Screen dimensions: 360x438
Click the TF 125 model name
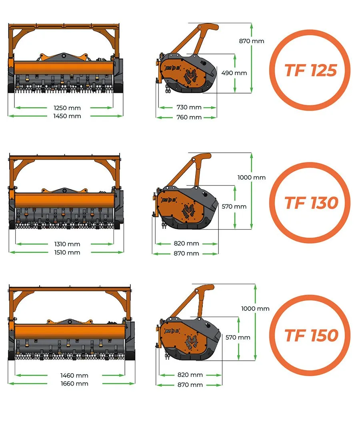pos(310,70)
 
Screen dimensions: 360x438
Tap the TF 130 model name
pos(311,203)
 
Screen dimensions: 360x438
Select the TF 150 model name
pos(311,336)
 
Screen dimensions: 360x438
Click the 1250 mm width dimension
pos(67,108)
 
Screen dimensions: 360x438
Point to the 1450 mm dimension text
pos(67,116)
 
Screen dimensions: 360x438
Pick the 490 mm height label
pos(234,73)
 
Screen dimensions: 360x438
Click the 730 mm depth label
pos(189,107)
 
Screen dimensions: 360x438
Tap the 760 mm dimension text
pos(189,117)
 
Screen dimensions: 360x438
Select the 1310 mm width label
pos(67,244)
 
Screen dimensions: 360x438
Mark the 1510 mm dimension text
pos(67,252)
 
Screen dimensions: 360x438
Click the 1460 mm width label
pos(74,376)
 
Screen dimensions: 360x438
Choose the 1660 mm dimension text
pos(74,384)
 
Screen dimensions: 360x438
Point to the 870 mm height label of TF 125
pos(251,41)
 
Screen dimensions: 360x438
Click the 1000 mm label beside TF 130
pos(251,177)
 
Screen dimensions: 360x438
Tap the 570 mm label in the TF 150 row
pos(238,338)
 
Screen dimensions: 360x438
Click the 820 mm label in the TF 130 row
pos(186,243)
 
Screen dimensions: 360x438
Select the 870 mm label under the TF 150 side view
pos(190,385)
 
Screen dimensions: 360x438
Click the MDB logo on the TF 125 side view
pos(172,68)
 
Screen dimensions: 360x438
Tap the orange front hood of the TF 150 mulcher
pos(70,332)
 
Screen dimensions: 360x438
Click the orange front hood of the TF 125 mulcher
pos(64,68)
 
